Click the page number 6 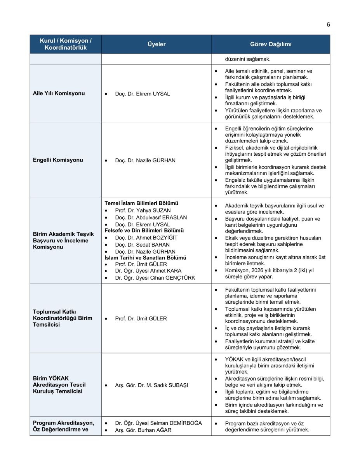(328, 25)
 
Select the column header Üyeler (157, 44)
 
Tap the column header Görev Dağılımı (271, 44)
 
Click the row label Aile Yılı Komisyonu (59, 94)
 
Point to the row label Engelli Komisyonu (58, 160)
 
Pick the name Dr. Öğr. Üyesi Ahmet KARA (148, 271)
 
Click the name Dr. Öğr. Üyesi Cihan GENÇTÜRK (155, 278)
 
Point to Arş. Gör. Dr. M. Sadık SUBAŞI (151, 385)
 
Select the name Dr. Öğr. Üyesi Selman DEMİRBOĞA (158, 423)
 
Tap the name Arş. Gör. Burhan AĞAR (143, 430)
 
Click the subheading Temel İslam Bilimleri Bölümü (141, 203)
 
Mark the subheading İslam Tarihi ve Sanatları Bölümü (145, 257)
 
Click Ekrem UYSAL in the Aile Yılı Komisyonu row (153, 94)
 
